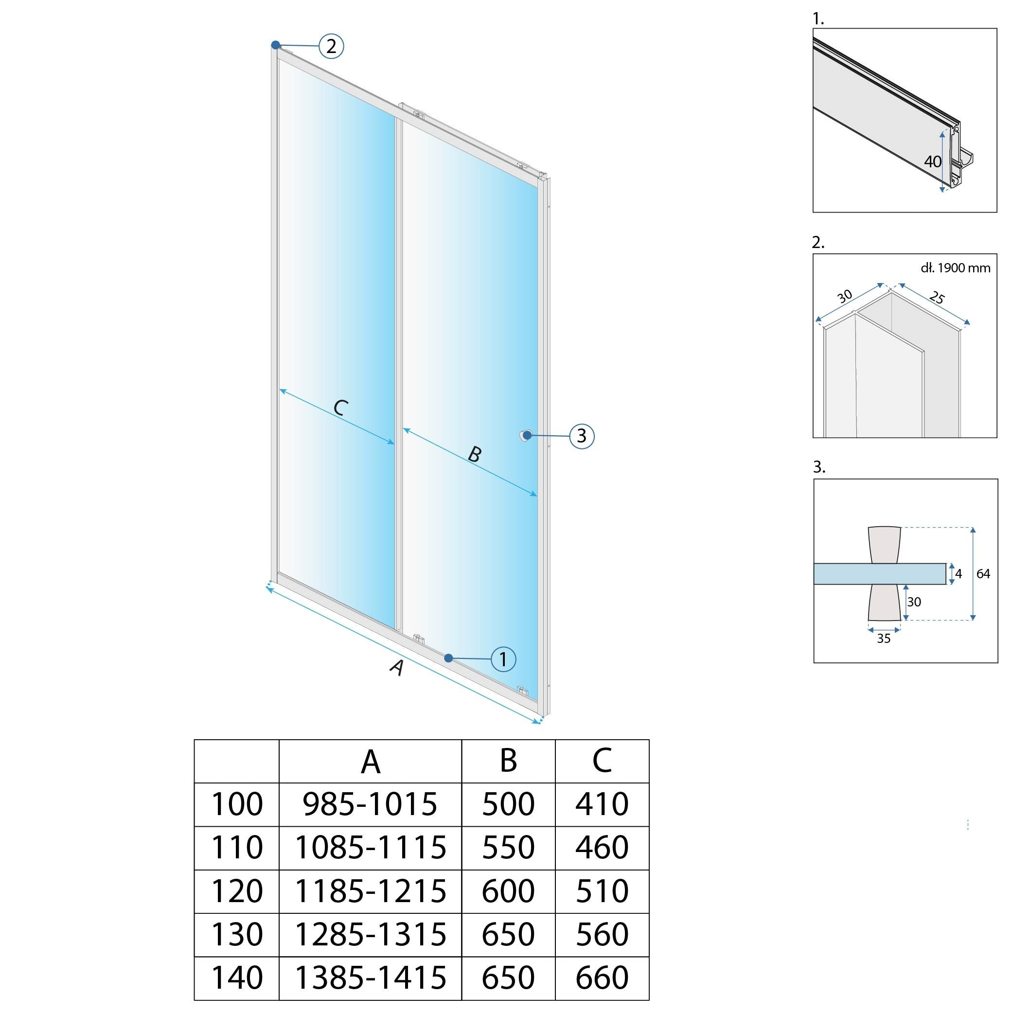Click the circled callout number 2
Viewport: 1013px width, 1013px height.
tap(331, 46)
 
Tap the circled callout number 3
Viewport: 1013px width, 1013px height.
tap(582, 436)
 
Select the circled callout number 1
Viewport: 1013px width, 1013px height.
tap(503, 659)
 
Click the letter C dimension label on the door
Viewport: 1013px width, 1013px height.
tap(341, 408)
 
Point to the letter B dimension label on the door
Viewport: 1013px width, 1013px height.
tap(474, 454)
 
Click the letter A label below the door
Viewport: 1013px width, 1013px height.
tap(398, 667)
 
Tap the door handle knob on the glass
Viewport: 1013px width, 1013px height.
tap(526, 435)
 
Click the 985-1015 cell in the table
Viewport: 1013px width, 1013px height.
tap(370, 804)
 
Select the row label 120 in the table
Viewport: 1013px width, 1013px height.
tap(236, 891)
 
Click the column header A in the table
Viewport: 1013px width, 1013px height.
tap(370, 761)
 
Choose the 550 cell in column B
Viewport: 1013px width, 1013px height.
tap(508, 848)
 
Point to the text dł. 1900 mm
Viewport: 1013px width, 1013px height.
tap(955, 268)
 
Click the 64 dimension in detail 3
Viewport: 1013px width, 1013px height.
tap(983, 574)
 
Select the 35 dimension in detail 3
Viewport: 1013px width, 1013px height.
tap(884, 638)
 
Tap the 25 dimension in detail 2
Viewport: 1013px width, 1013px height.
tap(937, 298)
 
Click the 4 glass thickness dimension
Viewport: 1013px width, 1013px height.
tap(959, 574)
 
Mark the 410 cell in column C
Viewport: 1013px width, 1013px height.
tap(602, 804)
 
